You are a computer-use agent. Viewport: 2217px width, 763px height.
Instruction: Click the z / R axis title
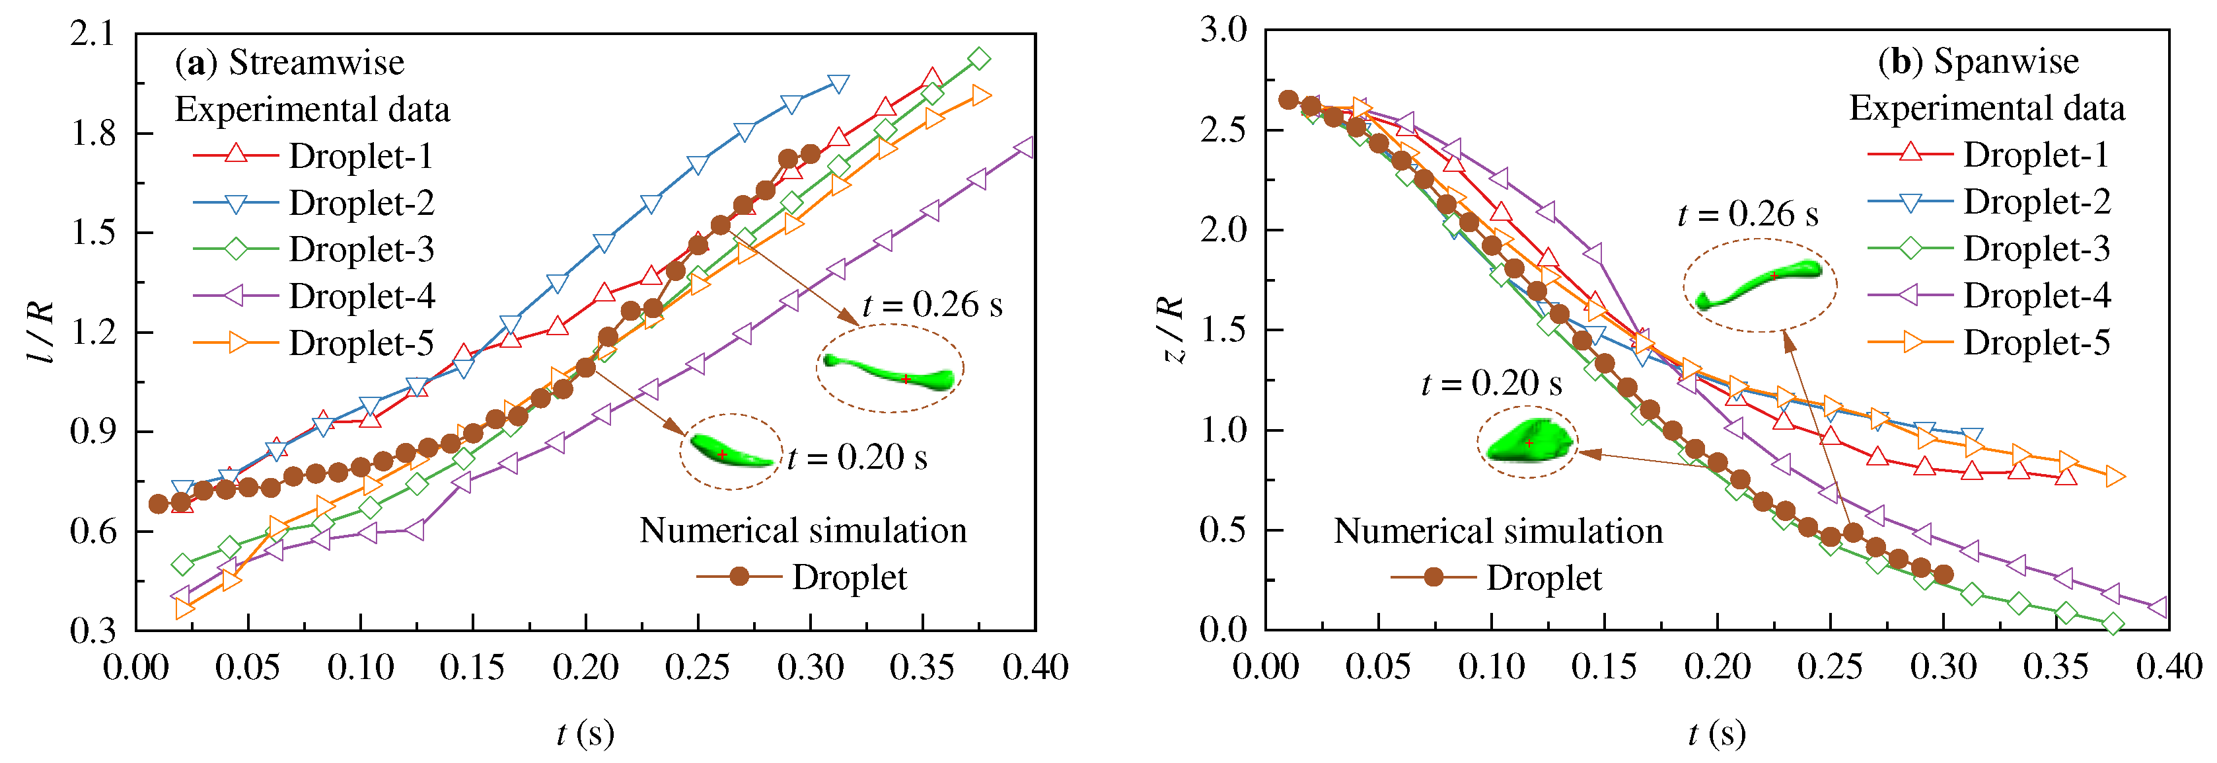1171,329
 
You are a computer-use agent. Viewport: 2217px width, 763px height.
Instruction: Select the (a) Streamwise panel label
289,63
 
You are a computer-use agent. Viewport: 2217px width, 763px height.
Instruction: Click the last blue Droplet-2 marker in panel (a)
838,83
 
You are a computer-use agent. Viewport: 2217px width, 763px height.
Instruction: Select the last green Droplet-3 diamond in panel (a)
978,60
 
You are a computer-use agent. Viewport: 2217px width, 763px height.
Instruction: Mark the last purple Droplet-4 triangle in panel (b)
2157,607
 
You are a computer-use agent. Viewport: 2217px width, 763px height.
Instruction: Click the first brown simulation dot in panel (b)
1288,100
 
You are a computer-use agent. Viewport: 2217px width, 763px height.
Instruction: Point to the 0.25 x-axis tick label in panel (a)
697,667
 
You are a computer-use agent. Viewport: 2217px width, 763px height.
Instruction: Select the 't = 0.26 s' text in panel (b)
1748,214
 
